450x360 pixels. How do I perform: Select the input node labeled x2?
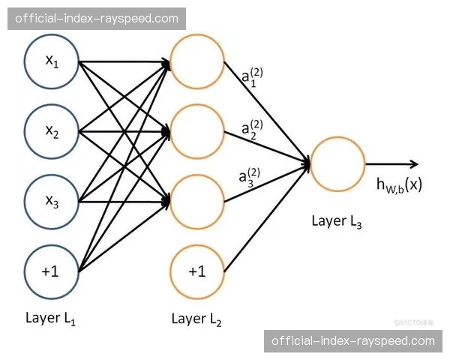tap(52, 132)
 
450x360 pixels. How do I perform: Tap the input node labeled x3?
tap(52, 202)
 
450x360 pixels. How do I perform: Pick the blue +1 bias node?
tap(52, 271)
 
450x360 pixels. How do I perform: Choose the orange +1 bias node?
tap(197, 271)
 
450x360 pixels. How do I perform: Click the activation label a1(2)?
tap(252, 77)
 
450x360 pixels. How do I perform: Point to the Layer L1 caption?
tap(50, 318)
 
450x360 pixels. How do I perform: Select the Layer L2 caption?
tap(196, 318)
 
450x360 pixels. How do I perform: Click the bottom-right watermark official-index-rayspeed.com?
tap(352, 340)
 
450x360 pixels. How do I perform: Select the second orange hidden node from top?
tap(197, 132)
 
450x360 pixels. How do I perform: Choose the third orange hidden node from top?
tap(197, 202)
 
